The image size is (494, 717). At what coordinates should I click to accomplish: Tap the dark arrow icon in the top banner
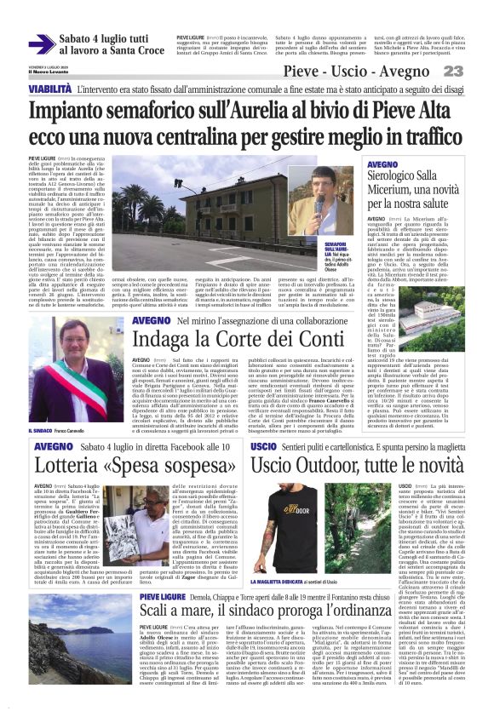(42, 43)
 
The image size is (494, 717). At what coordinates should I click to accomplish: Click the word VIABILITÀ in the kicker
(49, 89)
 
